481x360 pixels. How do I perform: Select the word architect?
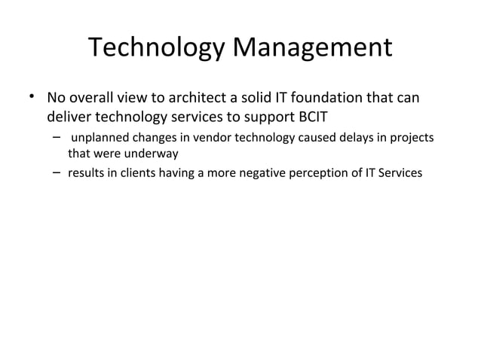tap(198, 99)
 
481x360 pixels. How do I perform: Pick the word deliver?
tap(68, 117)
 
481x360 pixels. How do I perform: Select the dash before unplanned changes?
tap(57, 138)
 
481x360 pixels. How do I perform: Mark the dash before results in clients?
tap(57, 173)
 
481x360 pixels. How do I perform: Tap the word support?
tap(274, 117)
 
